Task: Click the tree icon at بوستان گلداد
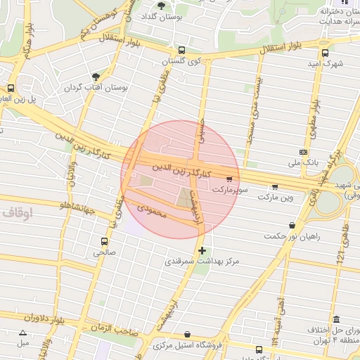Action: point(162,5)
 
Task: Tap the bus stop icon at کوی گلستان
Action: point(182,51)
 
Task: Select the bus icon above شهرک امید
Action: point(324,52)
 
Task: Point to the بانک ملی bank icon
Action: point(303,152)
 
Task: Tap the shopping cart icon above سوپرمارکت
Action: point(229,179)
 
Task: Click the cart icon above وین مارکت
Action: point(275,187)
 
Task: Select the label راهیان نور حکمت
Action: point(292,236)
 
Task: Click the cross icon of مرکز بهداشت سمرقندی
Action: point(202,250)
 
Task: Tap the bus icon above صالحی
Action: point(104,240)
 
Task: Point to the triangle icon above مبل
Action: point(23,333)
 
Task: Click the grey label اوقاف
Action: point(17,211)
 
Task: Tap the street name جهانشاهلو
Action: point(63,206)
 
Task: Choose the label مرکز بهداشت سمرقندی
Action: point(202,262)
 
